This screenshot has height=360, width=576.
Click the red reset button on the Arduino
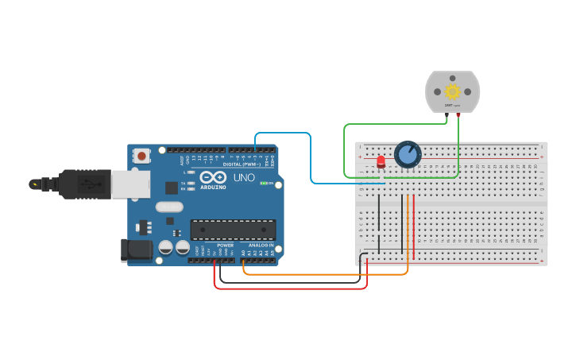point(142,156)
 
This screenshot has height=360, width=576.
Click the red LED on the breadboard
point(381,162)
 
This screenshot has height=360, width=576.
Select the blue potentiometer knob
point(408,154)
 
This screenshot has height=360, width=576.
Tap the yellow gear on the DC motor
point(453,91)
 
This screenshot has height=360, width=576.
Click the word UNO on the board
point(245,178)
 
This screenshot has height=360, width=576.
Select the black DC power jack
point(136,250)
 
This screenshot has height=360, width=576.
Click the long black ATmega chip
point(233,230)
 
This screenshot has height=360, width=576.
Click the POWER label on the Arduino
point(226,246)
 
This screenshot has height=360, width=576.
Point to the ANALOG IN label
point(260,246)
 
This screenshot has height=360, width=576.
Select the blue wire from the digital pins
point(310,159)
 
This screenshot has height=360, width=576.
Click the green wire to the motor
point(344,151)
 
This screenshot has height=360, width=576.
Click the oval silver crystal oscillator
point(169,207)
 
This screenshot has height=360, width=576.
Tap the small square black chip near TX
point(171,188)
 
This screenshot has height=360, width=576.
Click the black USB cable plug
point(75,184)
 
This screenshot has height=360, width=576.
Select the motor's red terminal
point(458,115)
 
